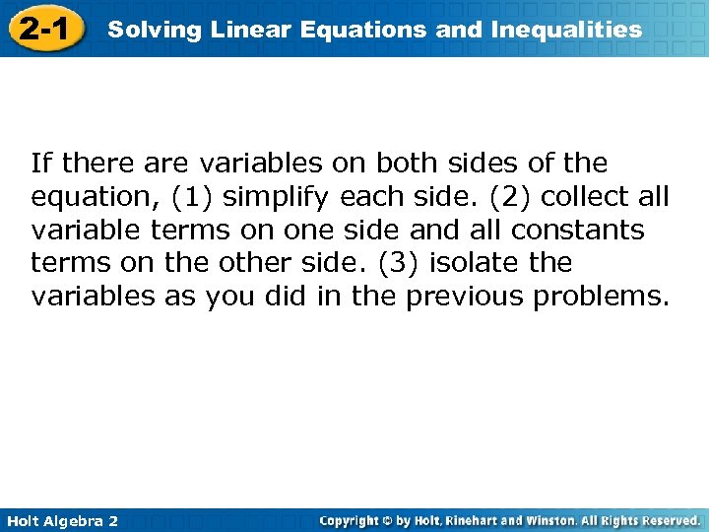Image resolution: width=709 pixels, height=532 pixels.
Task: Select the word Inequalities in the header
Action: click(565, 30)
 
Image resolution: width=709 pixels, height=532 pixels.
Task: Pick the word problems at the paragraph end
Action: click(604, 297)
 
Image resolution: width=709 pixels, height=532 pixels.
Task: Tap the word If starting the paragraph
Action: click(40, 163)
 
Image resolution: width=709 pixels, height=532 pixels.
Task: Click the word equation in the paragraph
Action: click(93, 197)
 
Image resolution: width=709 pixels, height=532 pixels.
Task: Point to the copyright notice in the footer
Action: click(511, 520)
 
